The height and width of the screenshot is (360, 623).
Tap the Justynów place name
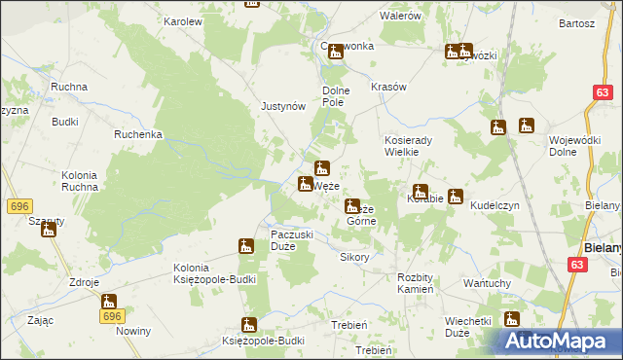[283, 107]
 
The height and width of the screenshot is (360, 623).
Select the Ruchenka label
[137, 134]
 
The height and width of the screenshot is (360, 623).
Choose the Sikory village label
[354, 258]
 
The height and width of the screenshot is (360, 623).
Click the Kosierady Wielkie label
[415, 146]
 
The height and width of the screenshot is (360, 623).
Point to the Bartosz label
[577, 23]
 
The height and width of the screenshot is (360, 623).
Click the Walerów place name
[400, 17]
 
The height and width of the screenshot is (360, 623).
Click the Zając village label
[40, 319]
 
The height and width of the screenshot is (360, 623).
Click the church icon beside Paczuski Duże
[246, 247]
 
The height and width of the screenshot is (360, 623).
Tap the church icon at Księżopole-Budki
[249, 326]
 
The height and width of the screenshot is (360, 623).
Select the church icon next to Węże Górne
[351, 206]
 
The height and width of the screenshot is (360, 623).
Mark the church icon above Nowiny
[109, 303]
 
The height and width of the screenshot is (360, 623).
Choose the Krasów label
[388, 87]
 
